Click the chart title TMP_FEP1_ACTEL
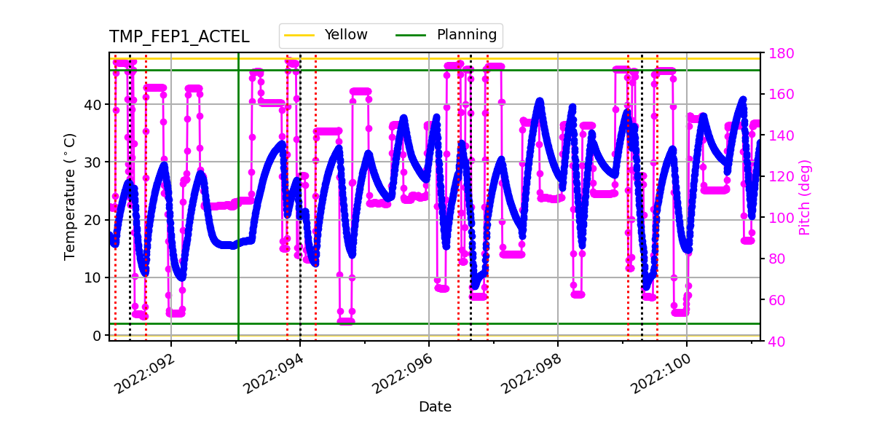tap(179, 37)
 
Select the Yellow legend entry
tap(346, 35)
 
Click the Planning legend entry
tap(466, 35)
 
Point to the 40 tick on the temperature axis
tap(92, 104)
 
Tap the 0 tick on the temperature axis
tap(96, 336)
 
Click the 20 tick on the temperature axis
tap(92, 220)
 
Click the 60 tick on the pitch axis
tap(773, 300)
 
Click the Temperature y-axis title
tap(70, 196)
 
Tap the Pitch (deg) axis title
tap(804, 197)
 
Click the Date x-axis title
tap(435, 407)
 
